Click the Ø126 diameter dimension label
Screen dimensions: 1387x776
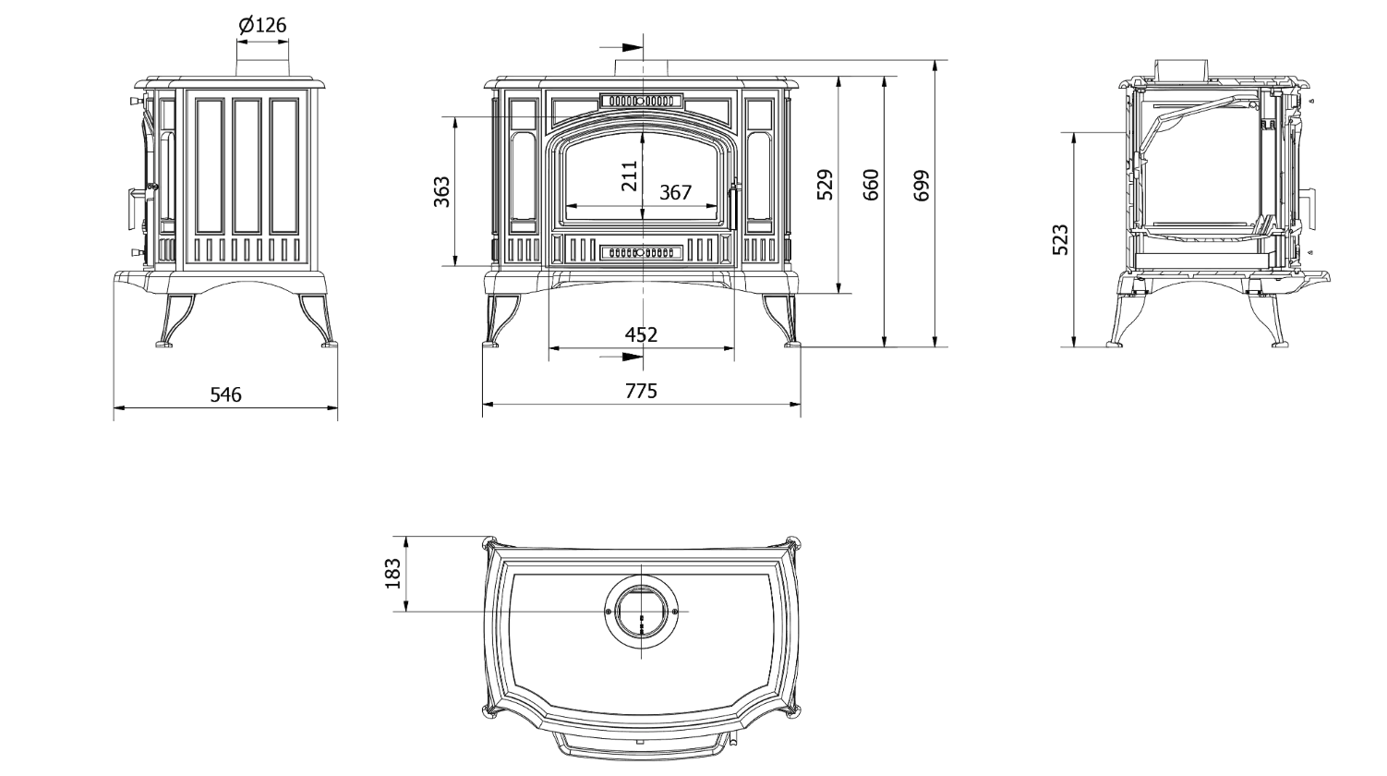pyautogui.click(x=262, y=25)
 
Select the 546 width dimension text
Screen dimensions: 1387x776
pyautogui.click(x=226, y=394)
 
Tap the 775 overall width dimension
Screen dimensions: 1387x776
pyautogui.click(x=641, y=392)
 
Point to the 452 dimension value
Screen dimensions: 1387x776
pyautogui.click(x=641, y=334)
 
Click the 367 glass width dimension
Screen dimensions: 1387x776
pyautogui.click(x=675, y=192)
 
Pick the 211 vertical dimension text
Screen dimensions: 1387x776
pyautogui.click(x=629, y=176)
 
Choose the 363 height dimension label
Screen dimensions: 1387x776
pyautogui.click(x=441, y=192)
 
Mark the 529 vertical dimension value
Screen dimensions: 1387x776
pyautogui.click(x=825, y=185)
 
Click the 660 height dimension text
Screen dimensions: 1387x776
pyautogui.click(x=871, y=185)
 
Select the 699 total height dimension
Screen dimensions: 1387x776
pyautogui.click(x=921, y=185)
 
